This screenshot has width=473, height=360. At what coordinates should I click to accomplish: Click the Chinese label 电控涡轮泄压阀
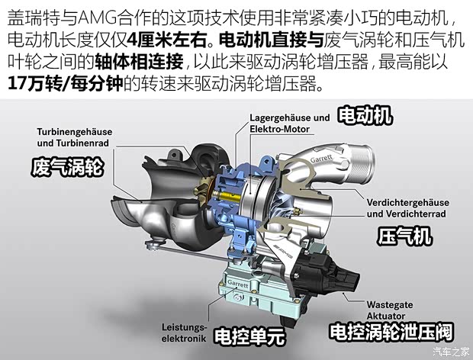[x=391, y=333]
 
